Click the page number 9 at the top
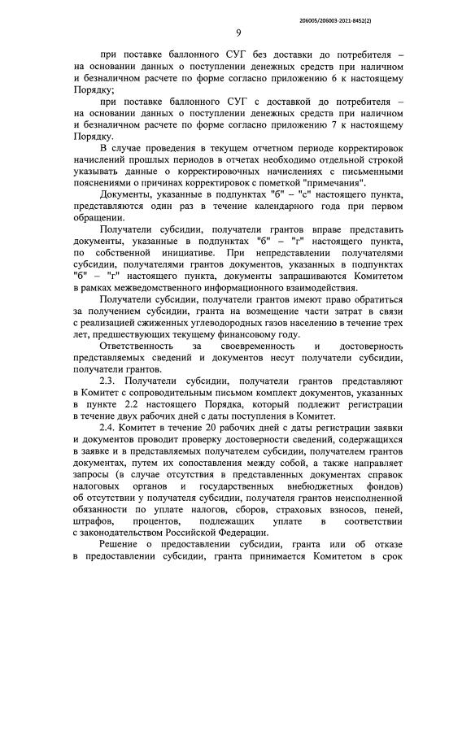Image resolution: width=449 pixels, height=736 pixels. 238,33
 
